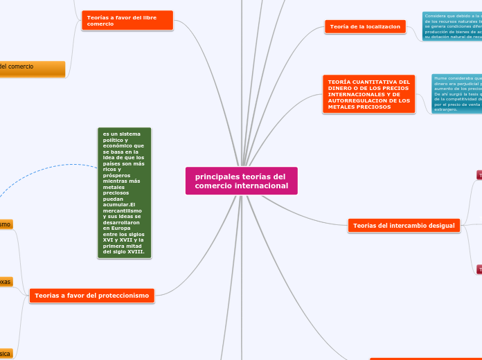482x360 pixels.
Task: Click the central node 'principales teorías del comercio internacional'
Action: pyautogui.click(x=241, y=181)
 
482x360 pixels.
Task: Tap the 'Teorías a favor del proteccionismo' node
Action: pyautogui.click(x=91, y=296)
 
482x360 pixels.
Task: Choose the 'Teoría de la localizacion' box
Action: pyautogui.click(x=366, y=26)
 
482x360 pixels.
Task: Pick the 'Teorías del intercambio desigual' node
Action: pyautogui.click(x=404, y=226)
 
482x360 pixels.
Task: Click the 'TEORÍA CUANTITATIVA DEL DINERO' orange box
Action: pyautogui.click(x=369, y=94)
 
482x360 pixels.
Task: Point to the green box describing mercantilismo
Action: pyautogui.click(x=124, y=193)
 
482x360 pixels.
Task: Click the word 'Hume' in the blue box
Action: pyautogui.click(x=441, y=78)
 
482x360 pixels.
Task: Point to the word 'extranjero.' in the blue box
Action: pyautogui.click(x=446, y=109)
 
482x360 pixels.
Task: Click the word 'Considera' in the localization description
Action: pyautogui.click(x=440, y=15)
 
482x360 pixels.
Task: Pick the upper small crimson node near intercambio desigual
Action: pyautogui.click(x=479, y=175)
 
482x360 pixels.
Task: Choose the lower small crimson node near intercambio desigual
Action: pyautogui.click(x=479, y=269)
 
